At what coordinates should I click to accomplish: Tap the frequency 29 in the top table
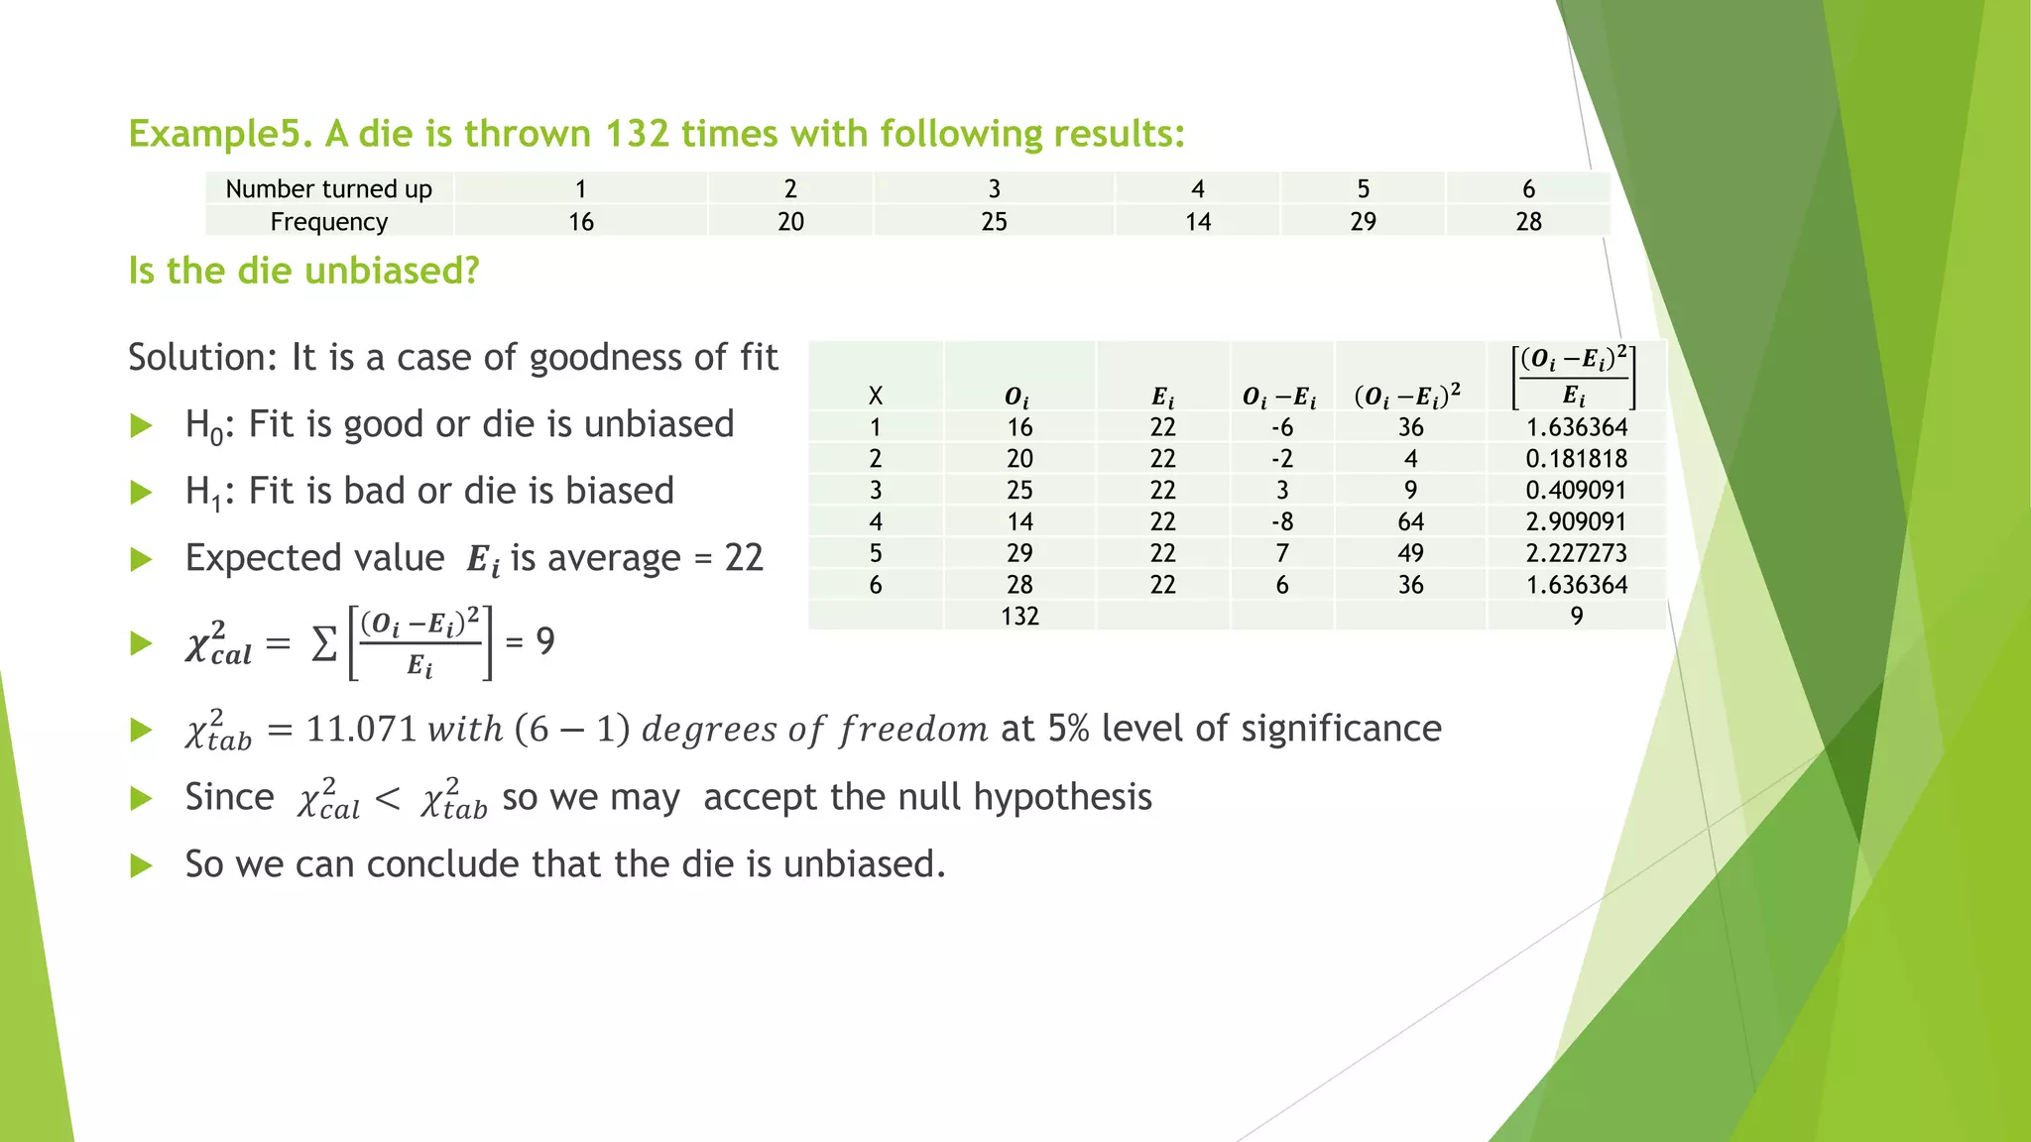coord(1363,222)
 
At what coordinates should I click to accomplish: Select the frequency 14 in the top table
coord(1197,222)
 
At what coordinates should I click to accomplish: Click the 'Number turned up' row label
coord(328,189)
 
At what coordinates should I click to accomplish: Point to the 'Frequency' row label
coord(328,222)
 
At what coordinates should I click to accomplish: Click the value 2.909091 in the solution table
coord(1576,521)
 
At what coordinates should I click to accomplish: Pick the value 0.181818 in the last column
coord(1576,459)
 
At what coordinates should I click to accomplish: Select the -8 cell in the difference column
coord(1281,521)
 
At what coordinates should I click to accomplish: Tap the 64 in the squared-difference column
coord(1410,521)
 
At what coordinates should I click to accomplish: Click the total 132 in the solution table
coord(1019,617)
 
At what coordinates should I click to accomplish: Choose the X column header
coord(875,397)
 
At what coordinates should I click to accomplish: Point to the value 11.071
coord(361,730)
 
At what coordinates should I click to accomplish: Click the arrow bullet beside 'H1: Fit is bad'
coord(142,493)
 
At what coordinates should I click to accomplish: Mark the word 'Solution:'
coord(202,358)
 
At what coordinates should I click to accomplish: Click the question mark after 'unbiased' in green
coord(470,271)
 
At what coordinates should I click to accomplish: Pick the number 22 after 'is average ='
coord(744,559)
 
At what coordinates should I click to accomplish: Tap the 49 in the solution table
coord(1410,553)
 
